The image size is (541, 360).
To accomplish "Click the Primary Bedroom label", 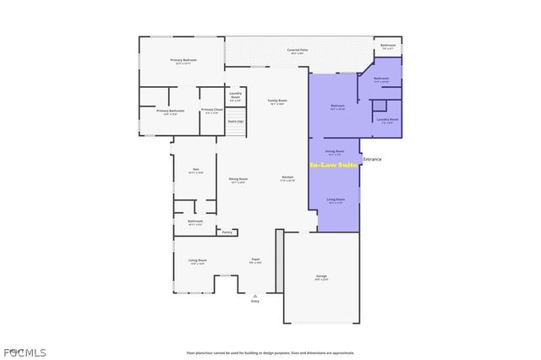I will point(183,60).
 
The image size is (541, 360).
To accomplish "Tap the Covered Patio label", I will point(298,51).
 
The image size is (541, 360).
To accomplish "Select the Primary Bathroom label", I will point(170,111).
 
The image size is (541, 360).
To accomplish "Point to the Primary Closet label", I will point(212,110).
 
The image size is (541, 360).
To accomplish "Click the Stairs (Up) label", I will point(236,122).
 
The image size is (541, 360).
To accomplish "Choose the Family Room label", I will point(276,101).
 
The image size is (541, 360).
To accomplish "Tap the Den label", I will point(195,170).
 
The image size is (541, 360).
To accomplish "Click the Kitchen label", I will point(287,177).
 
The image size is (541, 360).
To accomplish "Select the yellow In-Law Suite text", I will point(333,165).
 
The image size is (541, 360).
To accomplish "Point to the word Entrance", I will point(372,159).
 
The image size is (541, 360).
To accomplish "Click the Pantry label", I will point(227,232).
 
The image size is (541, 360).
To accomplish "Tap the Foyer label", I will point(255,259).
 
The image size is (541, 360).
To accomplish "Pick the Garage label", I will point(321,276).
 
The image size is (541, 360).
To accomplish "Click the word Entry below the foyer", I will point(255,301).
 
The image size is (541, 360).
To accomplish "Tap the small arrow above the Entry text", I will point(255,295).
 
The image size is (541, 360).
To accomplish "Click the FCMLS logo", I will point(25,352).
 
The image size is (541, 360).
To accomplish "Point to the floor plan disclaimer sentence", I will point(270,352).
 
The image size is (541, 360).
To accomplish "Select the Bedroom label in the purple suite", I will point(337,106).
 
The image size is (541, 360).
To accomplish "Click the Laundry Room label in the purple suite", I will point(388,120).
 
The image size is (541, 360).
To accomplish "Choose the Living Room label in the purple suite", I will point(336,200).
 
